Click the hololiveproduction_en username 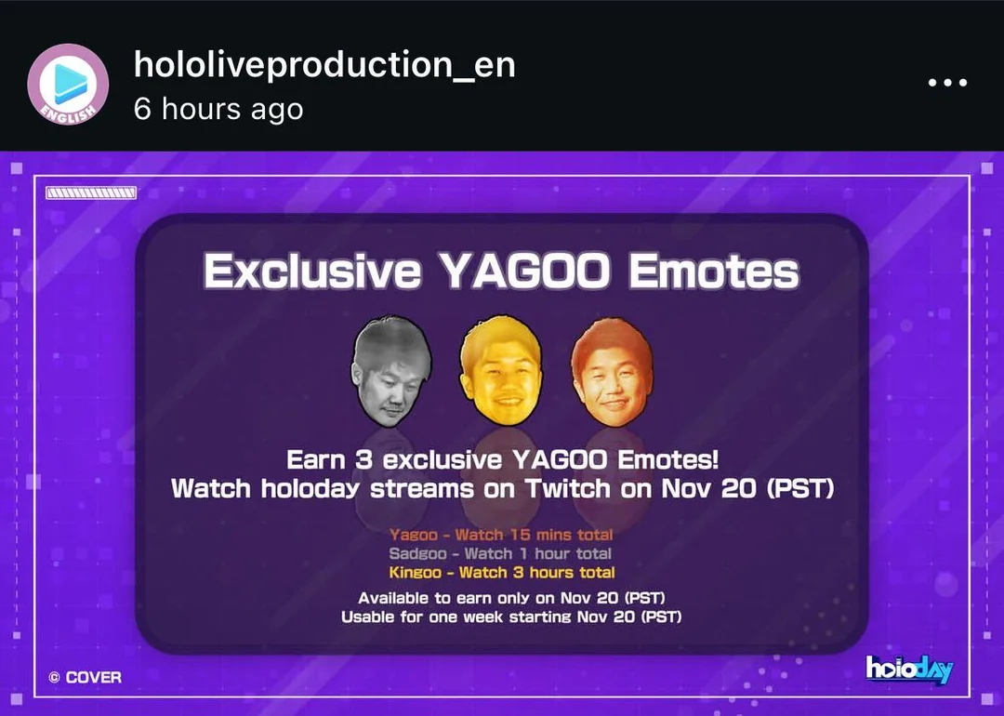[x=324, y=65]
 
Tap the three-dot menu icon [x=947, y=82]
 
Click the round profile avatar [x=68, y=84]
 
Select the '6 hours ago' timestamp [x=218, y=109]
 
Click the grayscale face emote [x=391, y=371]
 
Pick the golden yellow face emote [x=501, y=370]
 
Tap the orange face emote [x=612, y=371]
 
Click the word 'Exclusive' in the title [x=312, y=272]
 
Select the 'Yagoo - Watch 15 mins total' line [x=501, y=535]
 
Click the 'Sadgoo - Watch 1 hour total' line [x=500, y=553]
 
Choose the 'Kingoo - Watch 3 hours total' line [x=502, y=572]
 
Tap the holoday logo [x=909, y=670]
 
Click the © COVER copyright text [x=86, y=677]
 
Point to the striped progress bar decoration [x=91, y=192]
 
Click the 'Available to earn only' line [x=511, y=598]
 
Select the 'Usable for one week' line [x=511, y=617]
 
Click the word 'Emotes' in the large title [x=714, y=272]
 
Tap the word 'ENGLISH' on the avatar [x=67, y=113]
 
